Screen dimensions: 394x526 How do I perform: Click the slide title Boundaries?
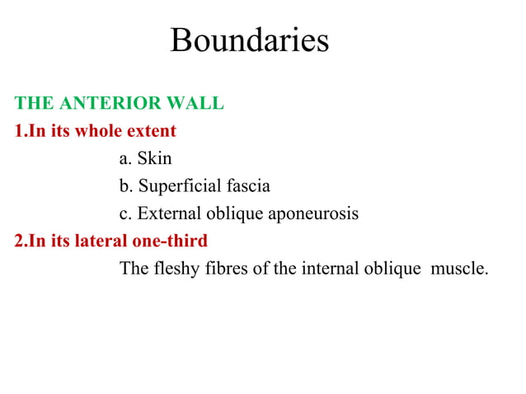249,40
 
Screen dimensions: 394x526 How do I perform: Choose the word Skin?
154,158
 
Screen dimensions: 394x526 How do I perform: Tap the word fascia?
244,186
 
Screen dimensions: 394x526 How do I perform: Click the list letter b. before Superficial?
126,186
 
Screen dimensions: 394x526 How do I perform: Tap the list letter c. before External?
126,213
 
